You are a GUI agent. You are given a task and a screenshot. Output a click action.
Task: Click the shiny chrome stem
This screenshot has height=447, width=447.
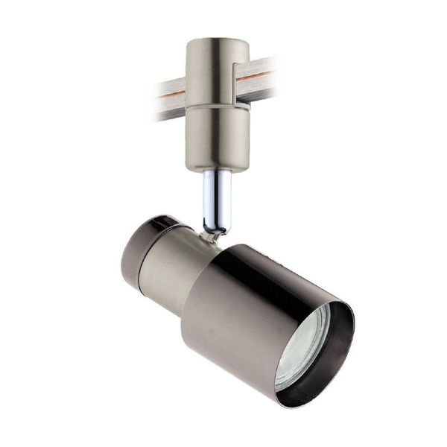(217, 197)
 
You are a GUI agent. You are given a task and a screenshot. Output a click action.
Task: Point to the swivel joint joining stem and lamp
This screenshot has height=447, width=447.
(214, 234)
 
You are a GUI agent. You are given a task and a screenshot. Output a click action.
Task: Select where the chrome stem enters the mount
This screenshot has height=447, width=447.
(217, 173)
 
